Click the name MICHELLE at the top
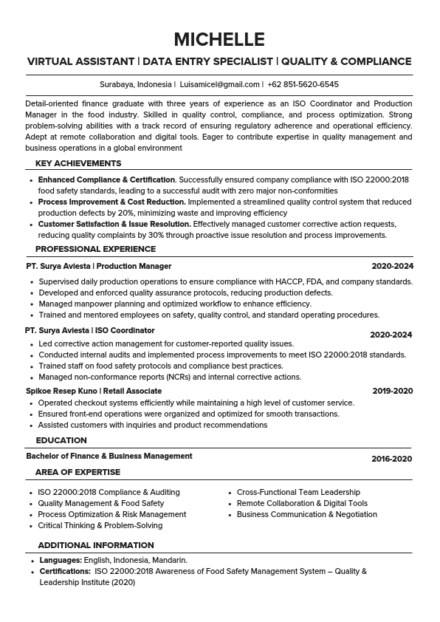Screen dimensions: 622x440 pyautogui.click(x=219, y=39)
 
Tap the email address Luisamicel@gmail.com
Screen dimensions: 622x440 pyautogui.click(x=219, y=85)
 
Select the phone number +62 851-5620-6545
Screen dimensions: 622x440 pyautogui.click(x=303, y=85)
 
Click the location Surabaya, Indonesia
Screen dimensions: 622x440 pyautogui.click(x=135, y=85)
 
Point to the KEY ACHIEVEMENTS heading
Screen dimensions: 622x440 pyautogui.click(x=78, y=163)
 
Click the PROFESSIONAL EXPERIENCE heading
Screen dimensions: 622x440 pyautogui.click(x=95, y=249)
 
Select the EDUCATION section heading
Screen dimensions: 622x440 pyautogui.click(x=61, y=440)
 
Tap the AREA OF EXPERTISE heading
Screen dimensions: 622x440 pyautogui.click(x=78, y=472)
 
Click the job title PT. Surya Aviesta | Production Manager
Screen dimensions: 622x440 pyautogui.click(x=98, y=266)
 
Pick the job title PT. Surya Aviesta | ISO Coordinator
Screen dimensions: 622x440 pyautogui.click(x=90, y=330)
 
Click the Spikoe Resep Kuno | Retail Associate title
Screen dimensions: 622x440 pyautogui.click(x=94, y=391)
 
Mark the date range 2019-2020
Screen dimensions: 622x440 pyautogui.click(x=392, y=391)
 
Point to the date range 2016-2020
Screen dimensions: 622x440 pyautogui.click(x=391, y=459)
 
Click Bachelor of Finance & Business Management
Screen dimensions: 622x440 pyautogui.click(x=109, y=456)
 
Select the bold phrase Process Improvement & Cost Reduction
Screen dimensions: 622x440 pyautogui.click(x=111, y=202)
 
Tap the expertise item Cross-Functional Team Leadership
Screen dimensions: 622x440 pyautogui.click(x=298, y=492)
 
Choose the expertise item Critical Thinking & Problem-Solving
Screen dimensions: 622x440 pyautogui.click(x=100, y=525)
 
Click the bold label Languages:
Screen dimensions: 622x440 pyautogui.click(x=61, y=560)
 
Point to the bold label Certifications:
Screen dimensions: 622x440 pyautogui.click(x=65, y=571)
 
